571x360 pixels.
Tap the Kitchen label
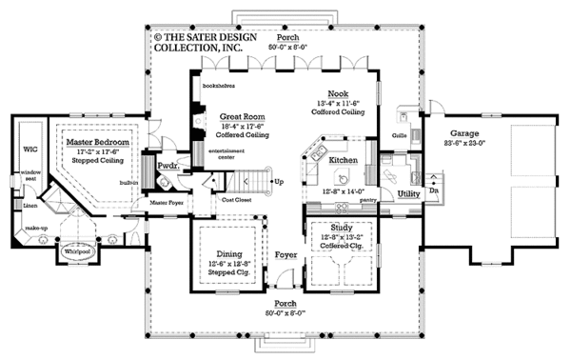click(x=344, y=161)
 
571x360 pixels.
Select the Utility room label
click(x=409, y=192)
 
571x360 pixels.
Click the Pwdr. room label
click(x=168, y=166)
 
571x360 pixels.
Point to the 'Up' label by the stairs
click(x=279, y=181)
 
